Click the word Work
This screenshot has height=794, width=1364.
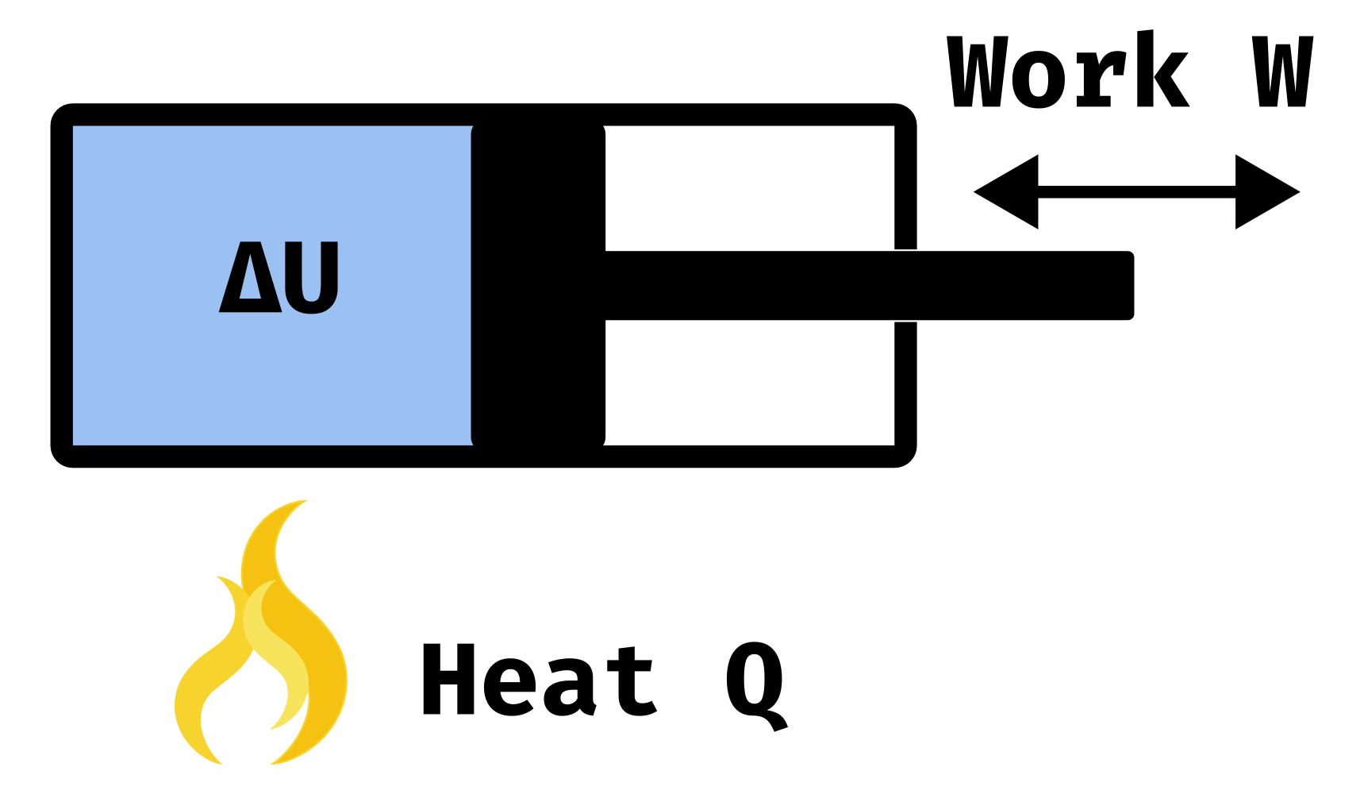click(1068, 72)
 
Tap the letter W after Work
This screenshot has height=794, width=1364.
click(1282, 72)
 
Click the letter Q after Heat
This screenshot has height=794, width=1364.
click(755, 683)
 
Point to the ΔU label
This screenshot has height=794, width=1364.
click(279, 277)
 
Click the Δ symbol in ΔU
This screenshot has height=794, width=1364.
click(249, 278)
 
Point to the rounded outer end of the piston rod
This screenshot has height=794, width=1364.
click(1127, 286)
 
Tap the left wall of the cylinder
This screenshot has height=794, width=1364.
click(62, 286)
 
